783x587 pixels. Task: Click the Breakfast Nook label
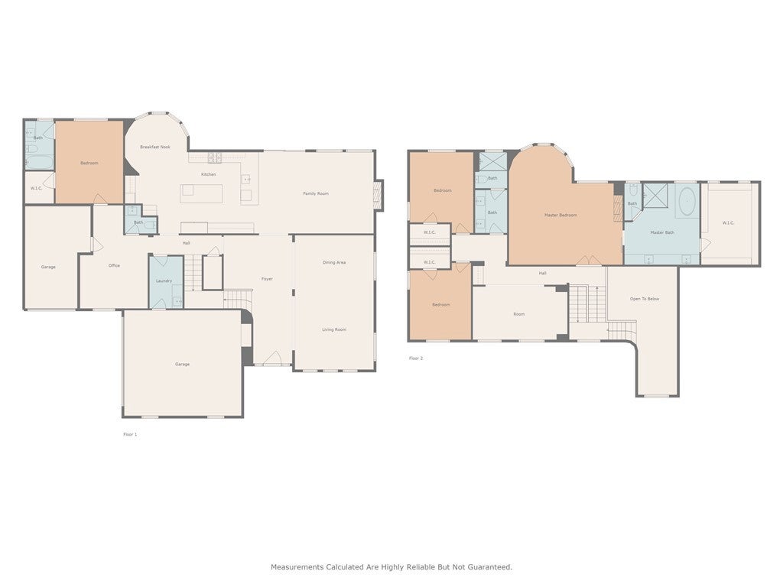tap(154, 147)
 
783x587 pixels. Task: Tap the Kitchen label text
tap(208, 174)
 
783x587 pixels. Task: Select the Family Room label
tap(316, 193)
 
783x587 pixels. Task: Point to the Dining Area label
tap(334, 262)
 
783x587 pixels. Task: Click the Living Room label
tap(334, 329)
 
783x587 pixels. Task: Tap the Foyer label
tap(267, 279)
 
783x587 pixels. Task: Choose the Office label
tap(114, 265)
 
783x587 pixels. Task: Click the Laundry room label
tap(164, 281)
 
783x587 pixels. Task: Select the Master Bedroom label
tap(560, 215)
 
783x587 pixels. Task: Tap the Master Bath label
tap(662, 232)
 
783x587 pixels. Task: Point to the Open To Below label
tap(645, 298)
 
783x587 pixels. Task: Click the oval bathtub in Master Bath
tap(686, 200)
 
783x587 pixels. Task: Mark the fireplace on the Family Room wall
tap(379, 194)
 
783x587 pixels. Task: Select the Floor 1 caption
tap(130, 434)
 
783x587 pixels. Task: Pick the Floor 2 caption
tap(415, 358)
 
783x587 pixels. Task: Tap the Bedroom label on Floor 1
tap(89, 163)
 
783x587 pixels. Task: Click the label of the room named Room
tap(518, 314)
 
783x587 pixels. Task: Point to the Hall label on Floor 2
tap(542, 273)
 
